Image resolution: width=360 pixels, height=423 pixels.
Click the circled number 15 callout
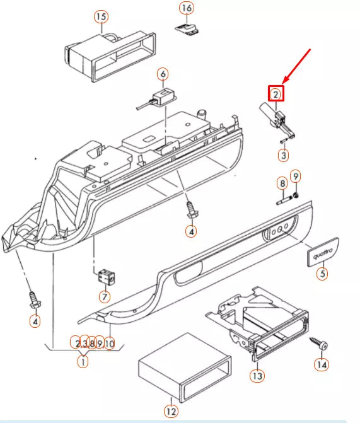[101, 16]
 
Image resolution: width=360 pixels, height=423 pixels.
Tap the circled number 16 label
[187, 8]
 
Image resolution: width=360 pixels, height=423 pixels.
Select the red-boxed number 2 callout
[276, 94]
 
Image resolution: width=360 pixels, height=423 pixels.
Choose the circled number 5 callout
[322, 274]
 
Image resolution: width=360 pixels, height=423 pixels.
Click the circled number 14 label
[322, 364]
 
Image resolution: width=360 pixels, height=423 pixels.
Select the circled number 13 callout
[257, 375]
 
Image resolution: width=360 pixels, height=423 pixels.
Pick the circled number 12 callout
[171, 411]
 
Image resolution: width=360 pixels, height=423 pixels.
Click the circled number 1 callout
[83, 361]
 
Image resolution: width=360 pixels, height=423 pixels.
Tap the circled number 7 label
[104, 296]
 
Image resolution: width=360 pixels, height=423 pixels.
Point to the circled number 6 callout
[163, 74]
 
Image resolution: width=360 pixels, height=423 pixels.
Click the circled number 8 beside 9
[282, 183]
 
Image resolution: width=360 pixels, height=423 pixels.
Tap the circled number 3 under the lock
[284, 154]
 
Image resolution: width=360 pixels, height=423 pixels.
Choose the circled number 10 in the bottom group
[110, 344]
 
